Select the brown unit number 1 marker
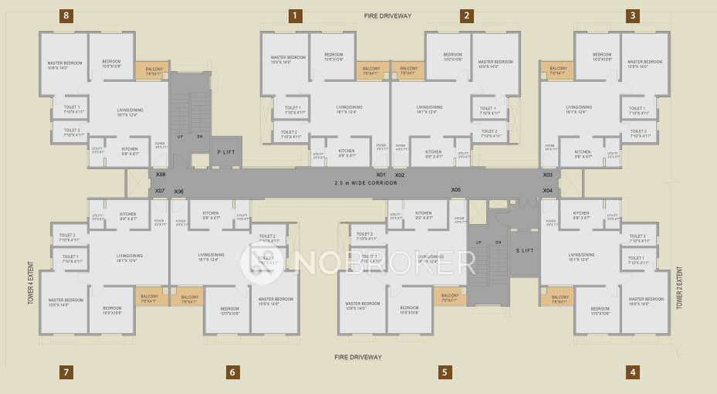coord(295,15)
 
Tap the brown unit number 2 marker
coord(467,15)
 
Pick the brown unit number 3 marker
coord(633,15)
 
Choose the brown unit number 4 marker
coord(633,372)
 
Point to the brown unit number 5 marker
coord(444,372)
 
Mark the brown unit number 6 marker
coord(232,372)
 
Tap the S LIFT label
coord(525,250)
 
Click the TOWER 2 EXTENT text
coord(680,287)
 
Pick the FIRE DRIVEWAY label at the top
coord(389,15)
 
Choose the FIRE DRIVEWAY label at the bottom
coord(358,357)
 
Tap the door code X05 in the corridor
coord(456,189)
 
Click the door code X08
coord(161,175)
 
